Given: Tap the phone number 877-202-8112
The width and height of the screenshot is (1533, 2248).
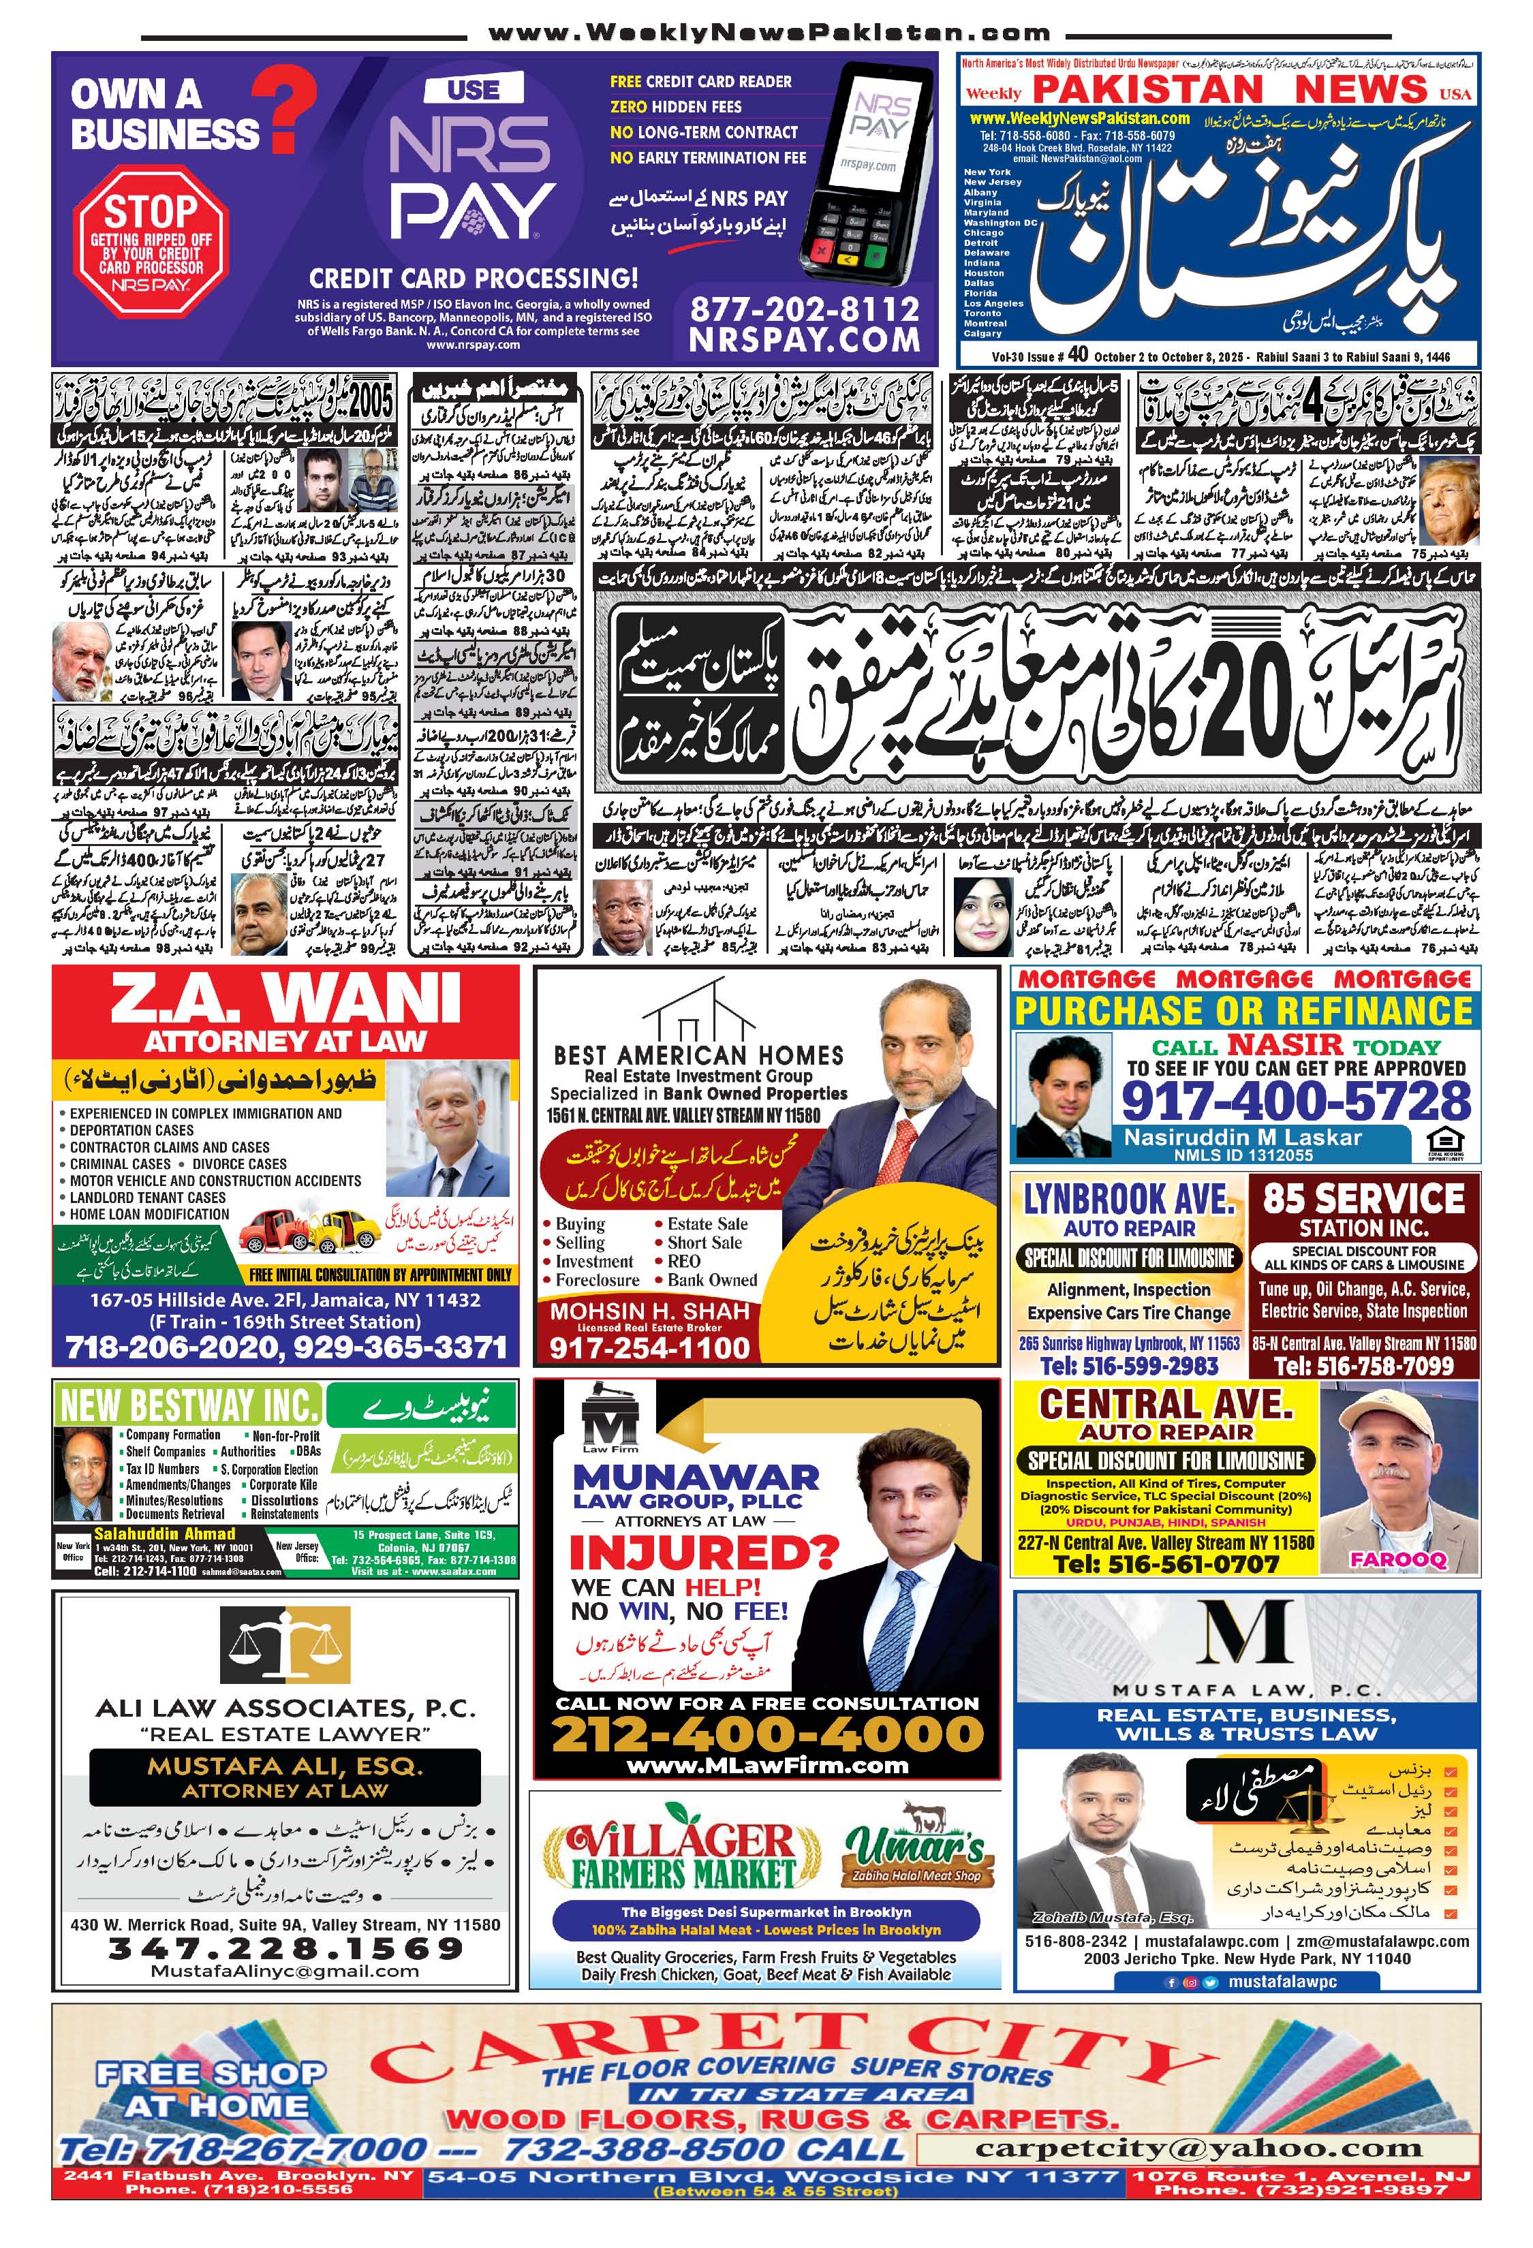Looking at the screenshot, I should click(804, 309).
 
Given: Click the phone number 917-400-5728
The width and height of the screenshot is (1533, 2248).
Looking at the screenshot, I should click(1295, 1101).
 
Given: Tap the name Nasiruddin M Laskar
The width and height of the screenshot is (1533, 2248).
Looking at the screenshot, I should click(1242, 1138).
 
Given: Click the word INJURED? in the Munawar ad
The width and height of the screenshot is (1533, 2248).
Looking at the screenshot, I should click(703, 1552).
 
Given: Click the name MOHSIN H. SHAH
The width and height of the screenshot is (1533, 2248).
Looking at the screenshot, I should click(649, 1311).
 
